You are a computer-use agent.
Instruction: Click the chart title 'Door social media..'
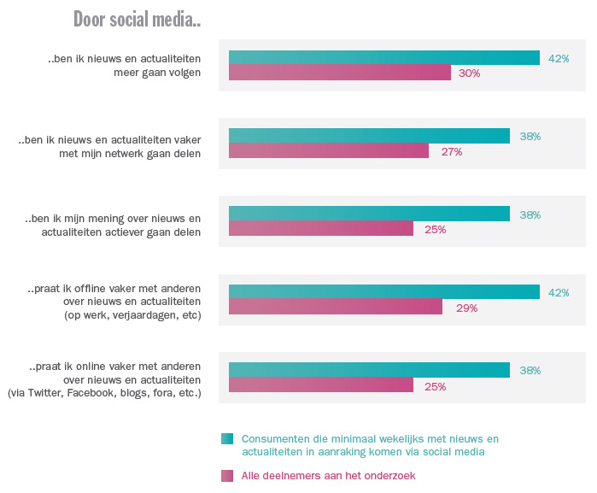click(137, 19)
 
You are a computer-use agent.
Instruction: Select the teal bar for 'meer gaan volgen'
click(383, 58)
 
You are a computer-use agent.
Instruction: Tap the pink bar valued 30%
click(339, 73)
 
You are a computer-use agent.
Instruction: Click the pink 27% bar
click(328, 151)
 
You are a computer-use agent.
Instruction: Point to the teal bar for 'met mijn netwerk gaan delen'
click(369, 136)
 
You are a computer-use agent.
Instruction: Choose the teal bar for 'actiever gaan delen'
click(369, 214)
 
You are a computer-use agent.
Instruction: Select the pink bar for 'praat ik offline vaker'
click(335, 308)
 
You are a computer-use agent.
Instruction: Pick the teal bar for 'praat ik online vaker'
click(369, 370)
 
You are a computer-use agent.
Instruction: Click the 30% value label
click(469, 73)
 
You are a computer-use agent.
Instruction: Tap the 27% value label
click(451, 152)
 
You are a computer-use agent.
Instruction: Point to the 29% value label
click(465, 308)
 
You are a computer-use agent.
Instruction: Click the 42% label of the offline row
click(559, 292)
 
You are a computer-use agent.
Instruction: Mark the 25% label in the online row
click(436, 386)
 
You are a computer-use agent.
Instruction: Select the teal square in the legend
click(226, 439)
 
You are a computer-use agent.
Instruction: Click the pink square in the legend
click(226, 476)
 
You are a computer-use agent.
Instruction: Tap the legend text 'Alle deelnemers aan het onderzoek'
click(328, 476)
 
